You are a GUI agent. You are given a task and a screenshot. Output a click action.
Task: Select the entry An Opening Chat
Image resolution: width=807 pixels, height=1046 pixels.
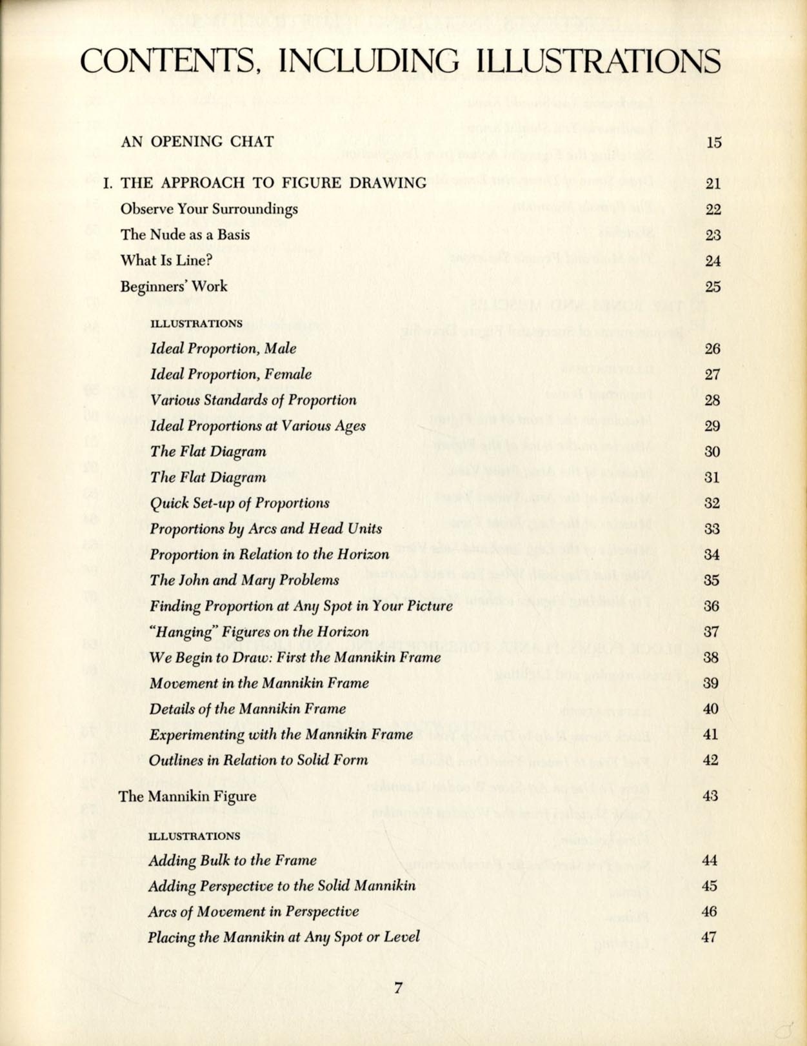point(197,141)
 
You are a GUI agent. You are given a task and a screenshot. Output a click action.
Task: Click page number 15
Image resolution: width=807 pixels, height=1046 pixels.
point(713,143)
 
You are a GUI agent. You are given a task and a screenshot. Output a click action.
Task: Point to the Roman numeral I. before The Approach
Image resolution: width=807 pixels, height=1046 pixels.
point(108,183)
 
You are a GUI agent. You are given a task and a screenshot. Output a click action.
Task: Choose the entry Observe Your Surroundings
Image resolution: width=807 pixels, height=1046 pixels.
point(209,209)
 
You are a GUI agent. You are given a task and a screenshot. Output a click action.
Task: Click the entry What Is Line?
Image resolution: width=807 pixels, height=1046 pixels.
point(166,261)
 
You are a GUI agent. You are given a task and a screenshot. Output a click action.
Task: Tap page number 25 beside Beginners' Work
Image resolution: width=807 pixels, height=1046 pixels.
point(713,287)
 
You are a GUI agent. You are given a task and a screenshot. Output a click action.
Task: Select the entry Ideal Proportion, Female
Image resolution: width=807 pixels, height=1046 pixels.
point(230,374)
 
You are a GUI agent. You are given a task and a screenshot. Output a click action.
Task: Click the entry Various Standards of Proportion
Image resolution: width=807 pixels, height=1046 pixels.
point(253,400)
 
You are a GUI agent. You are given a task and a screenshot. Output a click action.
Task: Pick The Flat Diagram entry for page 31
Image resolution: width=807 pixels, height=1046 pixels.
point(208,478)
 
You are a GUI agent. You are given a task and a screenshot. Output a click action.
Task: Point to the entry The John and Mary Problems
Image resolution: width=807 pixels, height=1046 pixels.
point(244,580)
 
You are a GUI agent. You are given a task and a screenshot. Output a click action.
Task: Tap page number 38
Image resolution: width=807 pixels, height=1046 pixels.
point(711,658)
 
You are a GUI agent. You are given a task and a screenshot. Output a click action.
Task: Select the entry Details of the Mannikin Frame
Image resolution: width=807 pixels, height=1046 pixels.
point(247,709)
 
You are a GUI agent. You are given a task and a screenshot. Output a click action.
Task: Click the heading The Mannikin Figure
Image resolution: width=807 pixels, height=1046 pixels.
point(187,796)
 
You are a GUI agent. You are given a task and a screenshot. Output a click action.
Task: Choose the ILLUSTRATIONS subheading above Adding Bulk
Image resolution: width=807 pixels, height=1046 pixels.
point(194,836)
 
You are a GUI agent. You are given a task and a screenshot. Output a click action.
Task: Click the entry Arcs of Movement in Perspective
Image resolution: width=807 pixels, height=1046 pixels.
point(253,912)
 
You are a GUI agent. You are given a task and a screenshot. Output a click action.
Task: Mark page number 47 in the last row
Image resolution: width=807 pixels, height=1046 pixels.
point(709,937)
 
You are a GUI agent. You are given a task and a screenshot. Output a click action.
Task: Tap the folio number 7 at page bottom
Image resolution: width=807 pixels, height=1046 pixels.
point(398,987)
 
